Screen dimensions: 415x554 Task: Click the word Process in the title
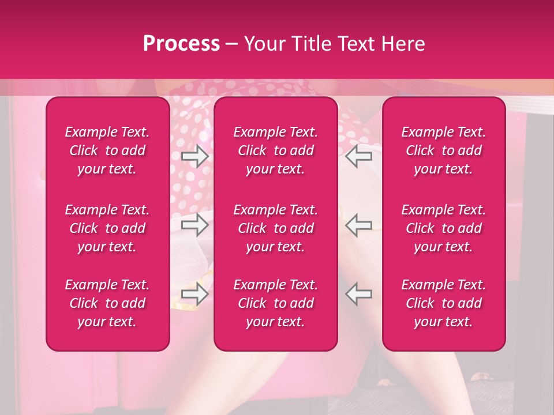[181, 44]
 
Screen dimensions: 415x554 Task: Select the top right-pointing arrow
[194, 156]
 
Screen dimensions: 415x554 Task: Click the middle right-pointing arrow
[194, 225]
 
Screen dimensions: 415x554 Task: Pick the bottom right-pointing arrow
[194, 294]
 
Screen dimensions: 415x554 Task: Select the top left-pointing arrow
[359, 156]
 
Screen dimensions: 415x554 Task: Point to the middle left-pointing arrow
[359, 225]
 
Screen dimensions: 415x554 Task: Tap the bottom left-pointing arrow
[359, 294]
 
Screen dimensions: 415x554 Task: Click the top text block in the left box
[107, 150]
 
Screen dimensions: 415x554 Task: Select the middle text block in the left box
[107, 228]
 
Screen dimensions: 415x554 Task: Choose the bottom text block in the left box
[107, 303]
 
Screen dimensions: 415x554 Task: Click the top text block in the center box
[276, 150]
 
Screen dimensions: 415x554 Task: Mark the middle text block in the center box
[276, 228]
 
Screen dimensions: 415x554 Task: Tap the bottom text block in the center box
[276, 303]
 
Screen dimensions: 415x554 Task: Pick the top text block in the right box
[444, 150]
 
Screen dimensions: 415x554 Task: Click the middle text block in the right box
[444, 228]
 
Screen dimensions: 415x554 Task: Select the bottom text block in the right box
[444, 303]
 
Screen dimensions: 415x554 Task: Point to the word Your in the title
[263, 44]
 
